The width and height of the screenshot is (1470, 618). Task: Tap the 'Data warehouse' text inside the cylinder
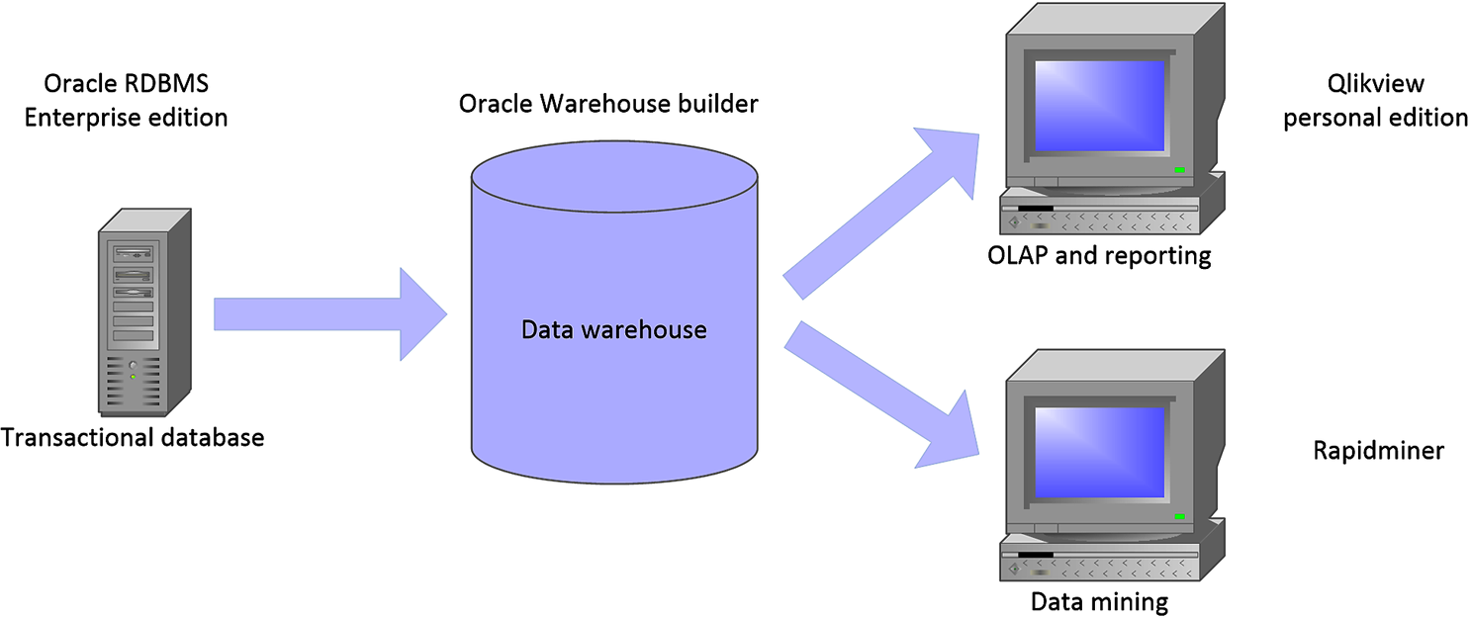click(x=613, y=329)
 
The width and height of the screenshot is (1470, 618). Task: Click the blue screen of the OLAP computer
click(x=1099, y=106)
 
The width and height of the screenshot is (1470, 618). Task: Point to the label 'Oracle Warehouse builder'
click(x=608, y=104)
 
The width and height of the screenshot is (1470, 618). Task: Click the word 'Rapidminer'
click(x=1378, y=451)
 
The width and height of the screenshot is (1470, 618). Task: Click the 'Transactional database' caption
click(x=134, y=436)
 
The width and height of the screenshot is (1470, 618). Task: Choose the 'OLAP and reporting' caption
click(x=1099, y=256)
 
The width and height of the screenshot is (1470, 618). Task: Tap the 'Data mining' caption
click(x=1099, y=600)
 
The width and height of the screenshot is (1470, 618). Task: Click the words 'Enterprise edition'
click(x=127, y=118)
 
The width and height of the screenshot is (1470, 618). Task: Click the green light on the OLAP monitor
click(x=1180, y=170)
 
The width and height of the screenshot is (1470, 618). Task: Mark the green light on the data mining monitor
click(x=1180, y=516)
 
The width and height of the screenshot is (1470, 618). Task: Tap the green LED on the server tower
click(x=133, y=377)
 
